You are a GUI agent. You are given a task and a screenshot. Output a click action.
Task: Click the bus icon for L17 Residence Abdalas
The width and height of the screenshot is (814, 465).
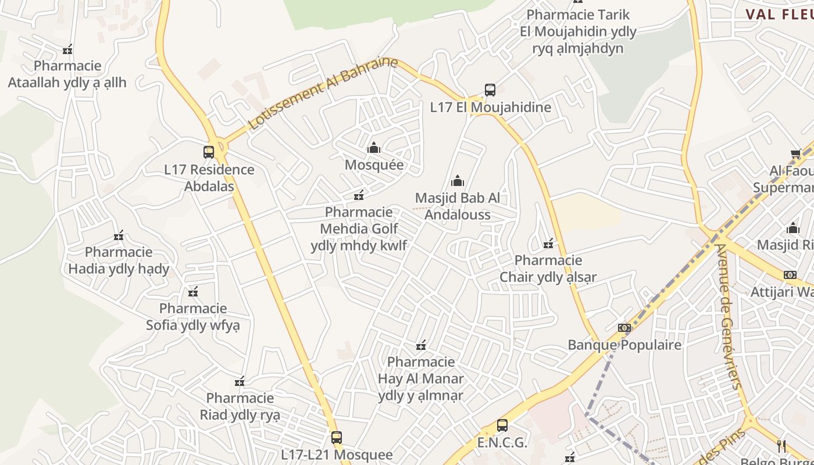point(209,152)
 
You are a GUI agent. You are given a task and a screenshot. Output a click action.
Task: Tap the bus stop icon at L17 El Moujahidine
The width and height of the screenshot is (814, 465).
point(490,90)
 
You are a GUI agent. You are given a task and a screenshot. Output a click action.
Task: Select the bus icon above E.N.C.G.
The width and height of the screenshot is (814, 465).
point(502,425)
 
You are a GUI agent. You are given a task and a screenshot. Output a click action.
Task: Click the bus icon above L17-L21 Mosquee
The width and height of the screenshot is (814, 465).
point(337,438)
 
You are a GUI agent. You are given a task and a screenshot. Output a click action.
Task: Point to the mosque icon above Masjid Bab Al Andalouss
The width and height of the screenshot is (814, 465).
point(458,181)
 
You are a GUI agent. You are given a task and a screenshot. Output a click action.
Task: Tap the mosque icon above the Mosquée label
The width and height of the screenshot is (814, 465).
point(374,148)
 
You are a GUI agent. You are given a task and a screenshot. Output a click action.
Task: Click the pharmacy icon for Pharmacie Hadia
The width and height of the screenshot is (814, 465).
point(119,235)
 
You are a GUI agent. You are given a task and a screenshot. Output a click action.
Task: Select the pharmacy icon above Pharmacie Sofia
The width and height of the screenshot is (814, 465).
point(193,292)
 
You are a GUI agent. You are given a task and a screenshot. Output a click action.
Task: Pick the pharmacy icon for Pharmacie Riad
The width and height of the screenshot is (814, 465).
point(240,381)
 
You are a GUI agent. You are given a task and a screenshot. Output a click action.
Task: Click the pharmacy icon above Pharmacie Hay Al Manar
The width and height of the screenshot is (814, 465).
point(421,345)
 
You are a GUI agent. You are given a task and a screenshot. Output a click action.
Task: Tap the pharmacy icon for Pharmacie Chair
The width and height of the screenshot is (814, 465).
point(548,244)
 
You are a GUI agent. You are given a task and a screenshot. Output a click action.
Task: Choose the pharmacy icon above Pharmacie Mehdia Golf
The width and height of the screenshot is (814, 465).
point(359,195)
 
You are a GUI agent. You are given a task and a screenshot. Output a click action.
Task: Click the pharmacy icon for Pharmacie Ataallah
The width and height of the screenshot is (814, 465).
point(67,49)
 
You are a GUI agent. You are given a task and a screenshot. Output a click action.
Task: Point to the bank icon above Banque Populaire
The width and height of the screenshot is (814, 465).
point(624,328)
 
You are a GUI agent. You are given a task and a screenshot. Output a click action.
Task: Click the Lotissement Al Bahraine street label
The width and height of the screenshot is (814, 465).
point(323,93)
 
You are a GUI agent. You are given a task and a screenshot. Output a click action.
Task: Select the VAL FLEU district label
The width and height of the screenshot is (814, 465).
point(779,14)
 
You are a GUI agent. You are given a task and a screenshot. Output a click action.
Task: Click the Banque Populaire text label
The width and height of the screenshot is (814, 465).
point(624,345)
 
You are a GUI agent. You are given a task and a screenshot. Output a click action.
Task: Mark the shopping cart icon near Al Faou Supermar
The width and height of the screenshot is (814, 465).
point(796,154)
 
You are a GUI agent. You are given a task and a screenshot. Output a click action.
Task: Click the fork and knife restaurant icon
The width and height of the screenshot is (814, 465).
point(781,446)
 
